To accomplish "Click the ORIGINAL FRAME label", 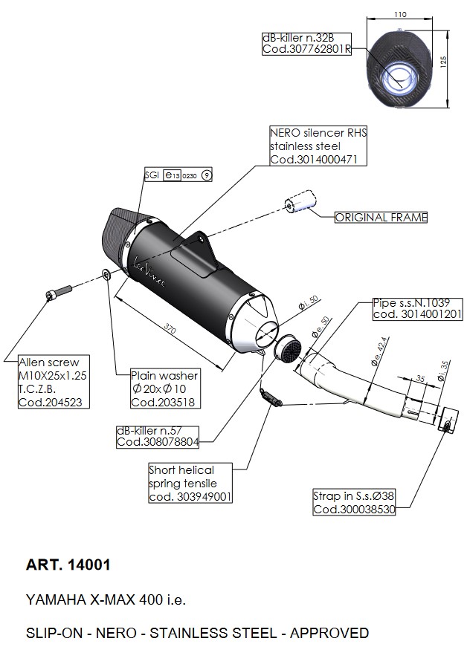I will [x=381, y=218].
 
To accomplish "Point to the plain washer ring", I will [x=108, y=276].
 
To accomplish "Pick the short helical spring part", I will [x=271, y=397].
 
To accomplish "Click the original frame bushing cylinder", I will [x=296, y=204].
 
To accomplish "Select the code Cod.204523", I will [x=49, y=403].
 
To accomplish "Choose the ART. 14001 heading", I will [x=68, y=565].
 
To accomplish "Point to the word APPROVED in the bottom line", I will [x=329, y=633].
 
